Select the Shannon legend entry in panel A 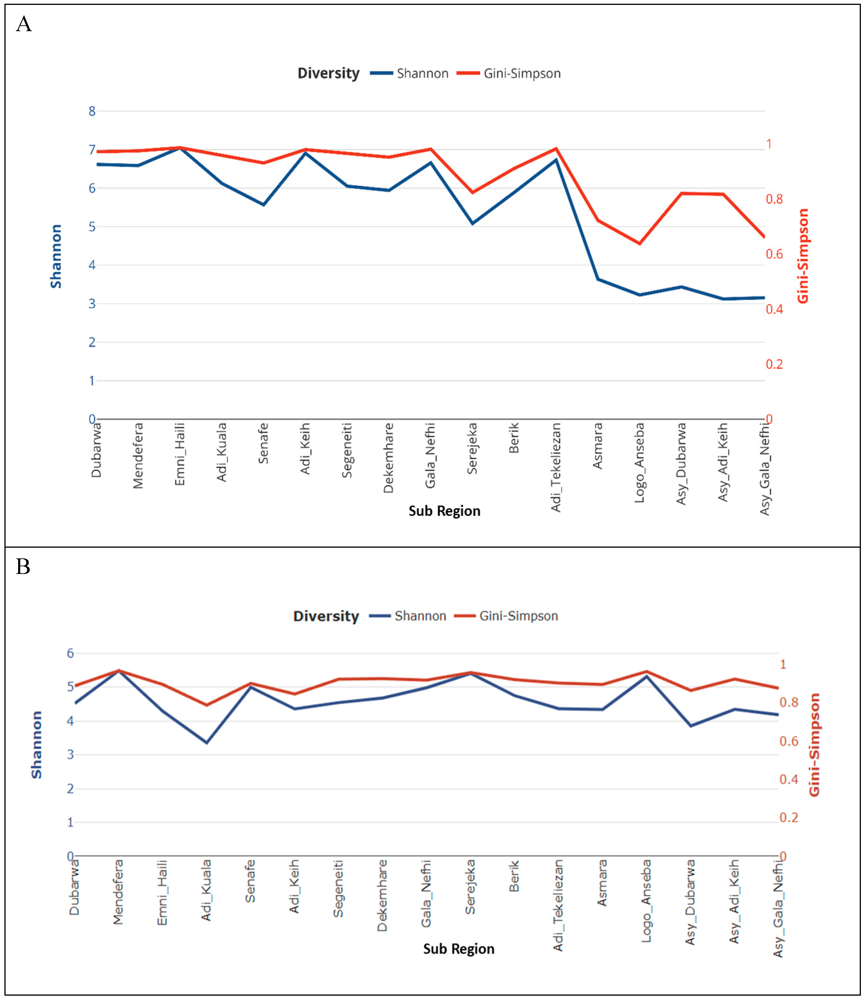coord(409,73)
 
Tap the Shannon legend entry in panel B coord(407,616)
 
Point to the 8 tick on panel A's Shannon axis coord(92,111)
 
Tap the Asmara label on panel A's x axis coord(598,446)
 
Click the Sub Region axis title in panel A coord(445,511)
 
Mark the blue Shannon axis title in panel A coord(56,256)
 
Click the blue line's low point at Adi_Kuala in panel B coord(207,743)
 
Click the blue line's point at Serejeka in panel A coord(473,223)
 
